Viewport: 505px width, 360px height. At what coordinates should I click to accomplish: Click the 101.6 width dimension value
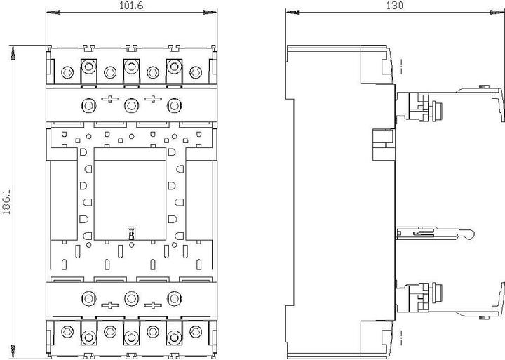coord(128,6)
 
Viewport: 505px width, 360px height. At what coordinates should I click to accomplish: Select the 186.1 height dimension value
coord(6,202)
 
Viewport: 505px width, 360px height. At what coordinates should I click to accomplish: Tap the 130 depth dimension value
coord(395,6)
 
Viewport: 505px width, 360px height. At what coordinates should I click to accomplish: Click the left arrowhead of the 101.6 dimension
coord(50,13)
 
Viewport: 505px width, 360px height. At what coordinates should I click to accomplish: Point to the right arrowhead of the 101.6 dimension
coord(206,13)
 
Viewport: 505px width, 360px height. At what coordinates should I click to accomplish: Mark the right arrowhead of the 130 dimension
coord(499,13)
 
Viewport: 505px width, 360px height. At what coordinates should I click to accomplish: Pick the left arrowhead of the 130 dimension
coord(292,13)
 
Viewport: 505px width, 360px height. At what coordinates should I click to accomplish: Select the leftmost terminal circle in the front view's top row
coord(67,72)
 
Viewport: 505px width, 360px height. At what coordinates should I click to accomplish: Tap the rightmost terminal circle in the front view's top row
coord(195,72)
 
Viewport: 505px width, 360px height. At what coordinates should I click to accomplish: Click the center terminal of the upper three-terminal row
coord(130,105)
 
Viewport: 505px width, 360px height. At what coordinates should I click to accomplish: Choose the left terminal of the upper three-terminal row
coord(89,105)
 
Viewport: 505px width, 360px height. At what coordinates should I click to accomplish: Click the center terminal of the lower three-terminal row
coord(130,298)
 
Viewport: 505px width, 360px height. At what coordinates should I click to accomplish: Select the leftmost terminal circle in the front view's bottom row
coord(67,332)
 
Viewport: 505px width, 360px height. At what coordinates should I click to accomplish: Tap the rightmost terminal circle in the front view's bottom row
coord(195,332)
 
